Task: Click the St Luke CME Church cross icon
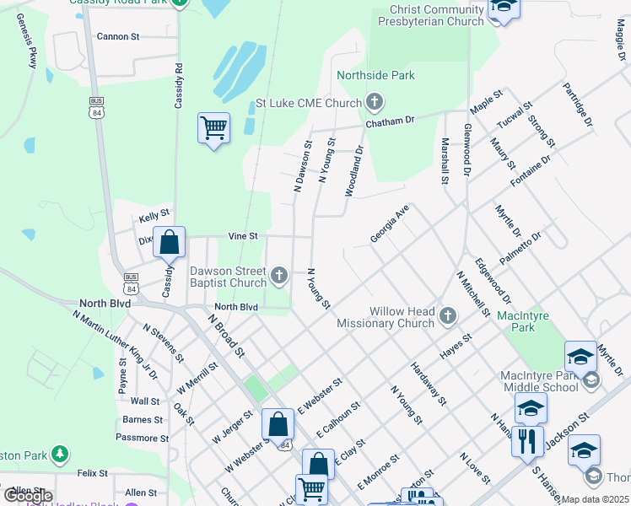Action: click(x=375, y=104)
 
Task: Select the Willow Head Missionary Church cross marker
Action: click(x=447, y=315)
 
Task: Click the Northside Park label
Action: click(x=375, y=75)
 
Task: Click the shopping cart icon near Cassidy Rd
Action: click(x=213, y=129)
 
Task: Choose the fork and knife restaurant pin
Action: click(x=527, y=441)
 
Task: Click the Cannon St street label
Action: click(x=118, y=37)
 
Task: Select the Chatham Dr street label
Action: click(x=390, y=121)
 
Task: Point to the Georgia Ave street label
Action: click(x=390, y=223)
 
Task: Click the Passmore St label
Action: click(x=142, y=438)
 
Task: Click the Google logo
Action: click(x=28, y=496)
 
